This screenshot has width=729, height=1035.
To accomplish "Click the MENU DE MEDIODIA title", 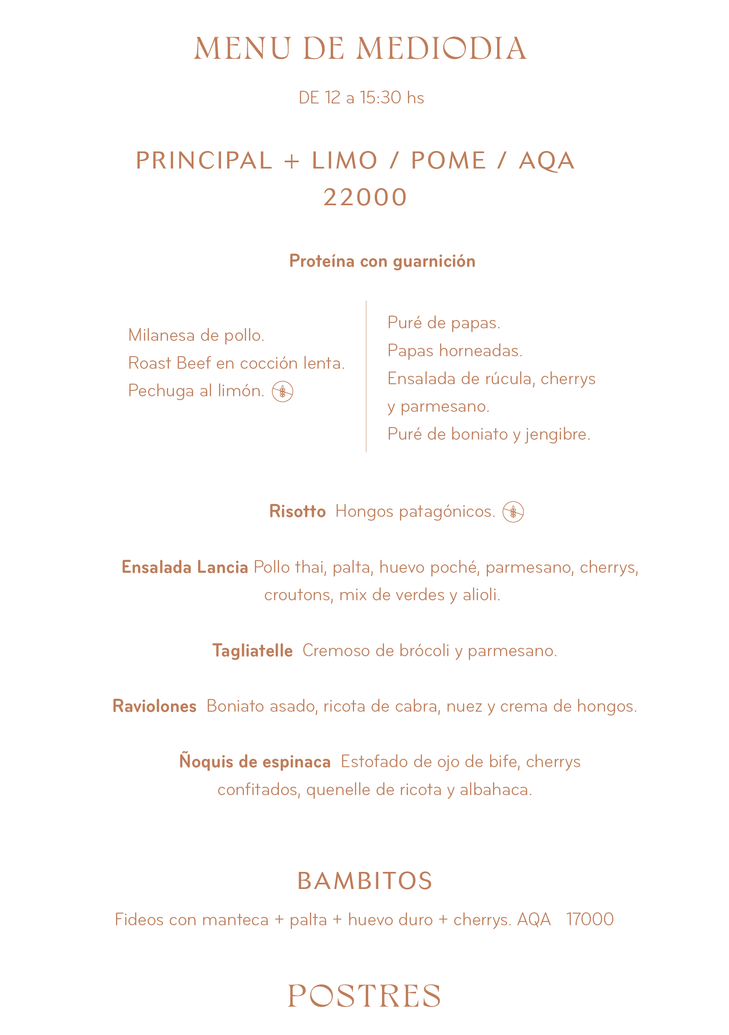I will click(360, 49).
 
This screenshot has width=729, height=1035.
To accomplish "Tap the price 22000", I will click(365, 197).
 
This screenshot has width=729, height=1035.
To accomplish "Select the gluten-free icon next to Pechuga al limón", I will click(282, 391).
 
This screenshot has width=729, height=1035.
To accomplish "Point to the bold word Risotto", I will click(297, 511).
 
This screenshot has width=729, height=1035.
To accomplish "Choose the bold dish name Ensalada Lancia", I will click(185, 567).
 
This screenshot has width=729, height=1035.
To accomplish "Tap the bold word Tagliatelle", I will click(252, 650).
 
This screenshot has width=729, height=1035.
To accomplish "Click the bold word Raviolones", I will click(155, 706).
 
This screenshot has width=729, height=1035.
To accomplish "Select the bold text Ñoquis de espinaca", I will click(255, 762).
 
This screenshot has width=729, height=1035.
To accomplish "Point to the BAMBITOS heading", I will click(364, 881).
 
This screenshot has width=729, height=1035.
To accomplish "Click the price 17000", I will click(590, 919).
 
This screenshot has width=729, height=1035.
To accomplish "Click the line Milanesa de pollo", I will click(196, 335).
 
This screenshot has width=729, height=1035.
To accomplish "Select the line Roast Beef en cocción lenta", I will click(236, 363).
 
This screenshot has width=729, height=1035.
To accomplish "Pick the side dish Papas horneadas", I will click(455, 351).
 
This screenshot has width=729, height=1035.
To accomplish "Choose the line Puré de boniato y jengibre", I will click(489, 434).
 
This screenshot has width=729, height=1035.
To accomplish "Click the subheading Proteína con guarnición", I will click(382, 261).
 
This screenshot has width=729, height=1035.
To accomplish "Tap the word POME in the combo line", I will click(448, 161).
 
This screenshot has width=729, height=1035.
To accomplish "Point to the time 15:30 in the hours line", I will click(380, 98).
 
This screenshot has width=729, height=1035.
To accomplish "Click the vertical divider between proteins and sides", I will click(366, 376).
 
